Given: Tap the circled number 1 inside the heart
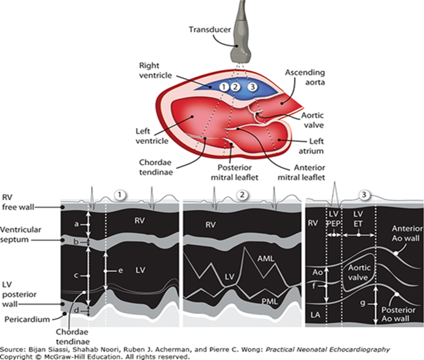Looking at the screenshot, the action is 224,87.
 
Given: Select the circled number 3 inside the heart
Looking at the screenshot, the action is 253,87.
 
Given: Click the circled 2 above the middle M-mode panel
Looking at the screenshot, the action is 242,195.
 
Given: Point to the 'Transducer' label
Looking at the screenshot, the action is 210,30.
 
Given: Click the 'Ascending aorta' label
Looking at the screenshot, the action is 305,77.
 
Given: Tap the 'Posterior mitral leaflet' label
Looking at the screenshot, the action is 235,172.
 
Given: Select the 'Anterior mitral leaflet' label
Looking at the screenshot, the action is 301,172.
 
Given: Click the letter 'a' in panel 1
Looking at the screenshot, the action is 76,224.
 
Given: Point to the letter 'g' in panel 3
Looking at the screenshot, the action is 363,303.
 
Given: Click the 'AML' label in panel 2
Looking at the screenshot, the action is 265,258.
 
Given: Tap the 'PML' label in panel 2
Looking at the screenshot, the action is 269,301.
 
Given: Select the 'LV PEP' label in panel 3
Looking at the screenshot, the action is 334,219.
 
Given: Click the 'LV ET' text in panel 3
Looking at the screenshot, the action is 358,219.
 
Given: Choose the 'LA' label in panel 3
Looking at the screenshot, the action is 315,315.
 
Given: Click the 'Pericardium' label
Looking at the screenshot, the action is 27,320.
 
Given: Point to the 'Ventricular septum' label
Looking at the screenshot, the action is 20,235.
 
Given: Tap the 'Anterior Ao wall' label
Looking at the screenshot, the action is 407,233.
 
